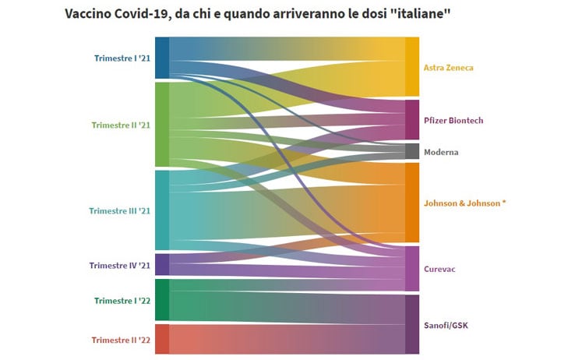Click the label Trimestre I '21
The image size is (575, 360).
coord(122,58)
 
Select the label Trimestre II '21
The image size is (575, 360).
coord(121,125)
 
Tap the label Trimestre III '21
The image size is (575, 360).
coord(120,211)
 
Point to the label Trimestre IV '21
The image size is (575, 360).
coord(120,265)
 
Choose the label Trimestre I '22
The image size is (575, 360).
coord(122,301)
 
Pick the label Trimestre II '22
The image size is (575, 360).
coord(121,340)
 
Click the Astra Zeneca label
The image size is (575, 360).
coord(448,68)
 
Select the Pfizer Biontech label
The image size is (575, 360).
coord(453,120)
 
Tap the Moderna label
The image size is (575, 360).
coord(441,152)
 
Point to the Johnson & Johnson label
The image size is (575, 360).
coord(464,203)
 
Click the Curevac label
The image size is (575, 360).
coord(439,269)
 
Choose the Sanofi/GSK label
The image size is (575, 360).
coord(446,324)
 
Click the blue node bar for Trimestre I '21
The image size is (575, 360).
coord(162,58)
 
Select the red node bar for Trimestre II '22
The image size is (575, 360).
coord(162,339)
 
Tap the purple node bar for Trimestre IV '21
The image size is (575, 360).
coord(162,264)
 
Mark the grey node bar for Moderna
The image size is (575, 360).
coord(412,151)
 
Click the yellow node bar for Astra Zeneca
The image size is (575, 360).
coord(412,67)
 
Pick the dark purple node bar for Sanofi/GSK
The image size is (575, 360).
coord(412,324)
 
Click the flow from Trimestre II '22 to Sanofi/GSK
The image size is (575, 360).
coord(288,339)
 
